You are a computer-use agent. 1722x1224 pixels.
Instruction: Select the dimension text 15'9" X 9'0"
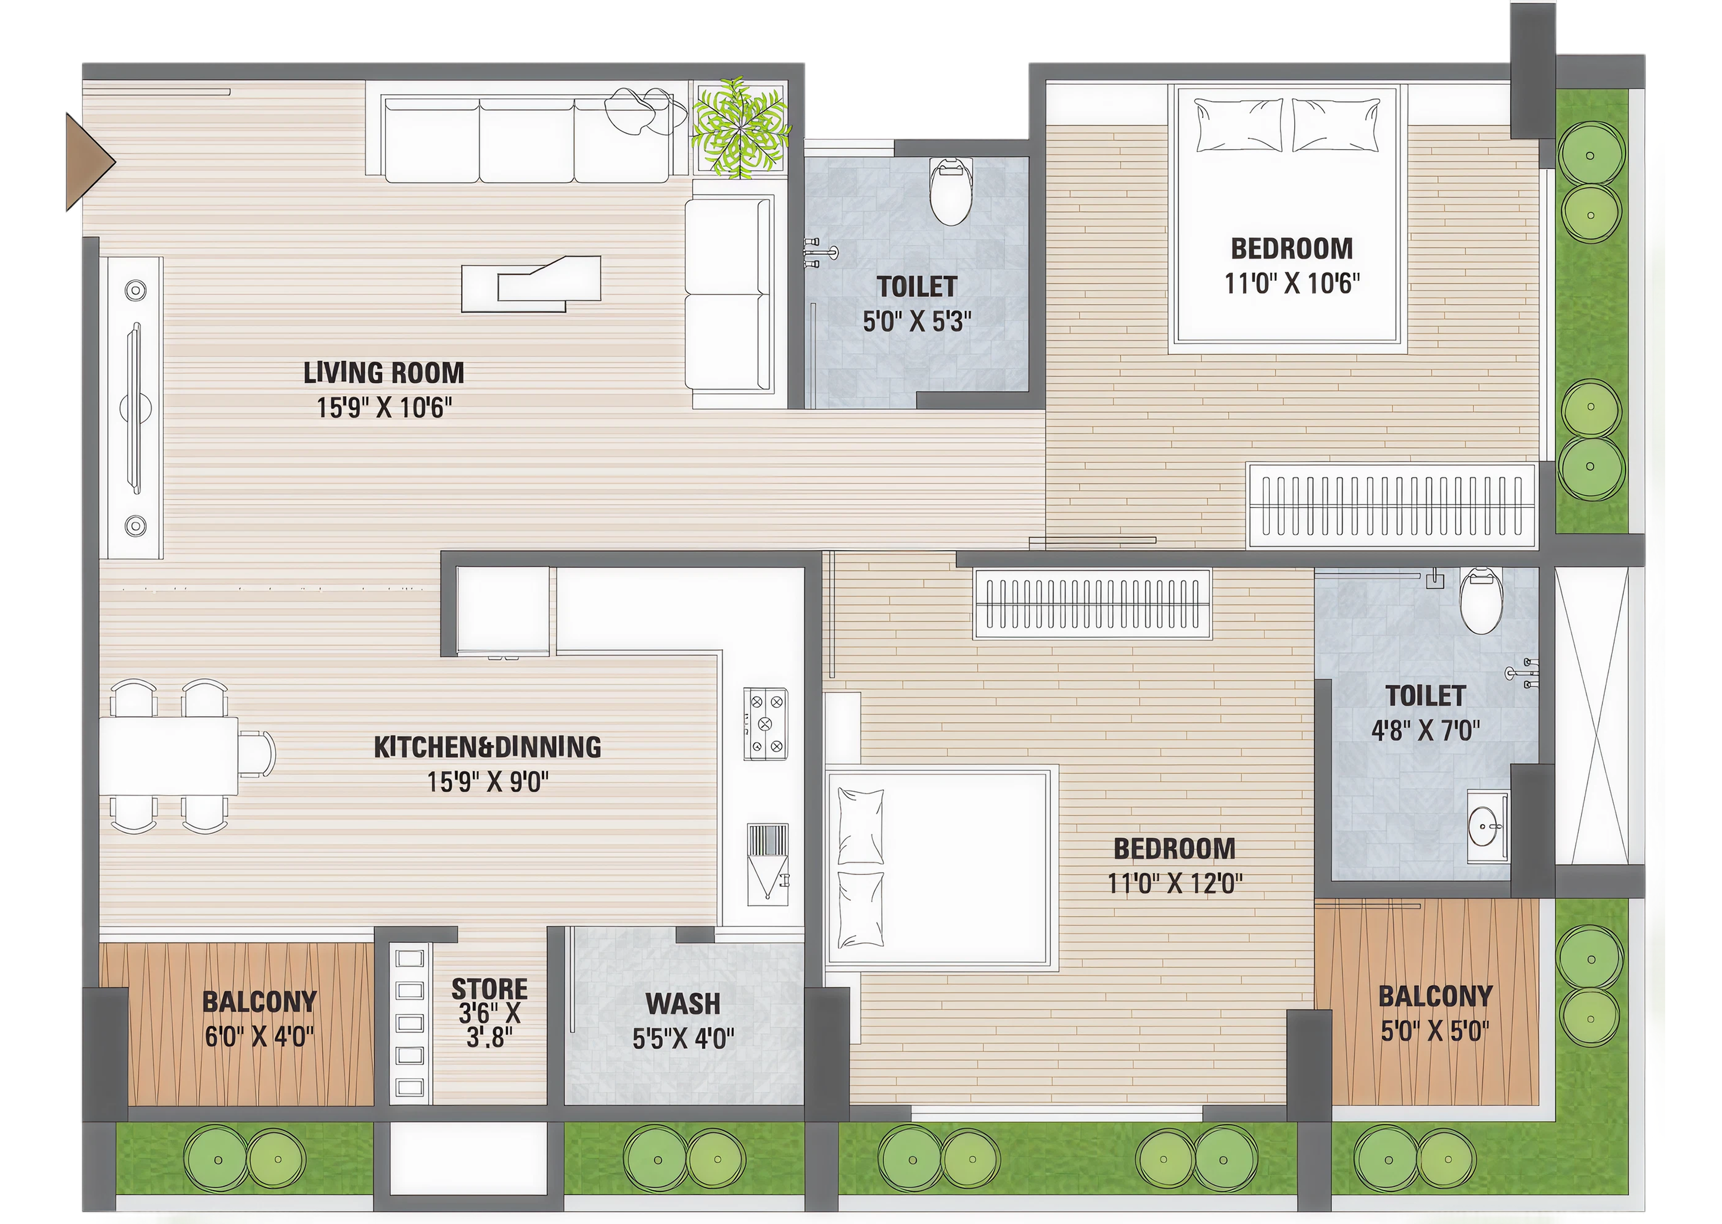point(488,782)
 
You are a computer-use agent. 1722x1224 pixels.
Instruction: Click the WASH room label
point(683,1004)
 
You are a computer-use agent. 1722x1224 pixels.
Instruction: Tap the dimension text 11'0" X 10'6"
point(1291,284)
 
